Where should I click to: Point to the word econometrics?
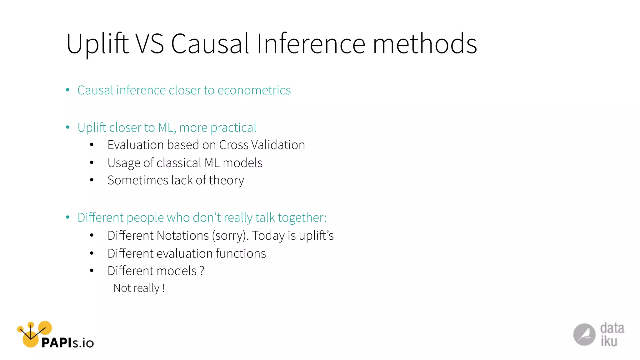coord(254,90)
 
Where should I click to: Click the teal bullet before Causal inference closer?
coord(68,90)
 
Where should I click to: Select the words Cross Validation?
coord(262,145)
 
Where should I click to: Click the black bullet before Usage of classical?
coord(92,162)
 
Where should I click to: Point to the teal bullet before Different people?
coord(68,217)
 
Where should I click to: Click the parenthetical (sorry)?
coord(230,236)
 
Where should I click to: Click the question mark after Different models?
coord(202,271)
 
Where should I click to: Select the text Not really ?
coord(139,288)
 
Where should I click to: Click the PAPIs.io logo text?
coord(67,343)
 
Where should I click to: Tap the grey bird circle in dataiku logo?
coord(584,335)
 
